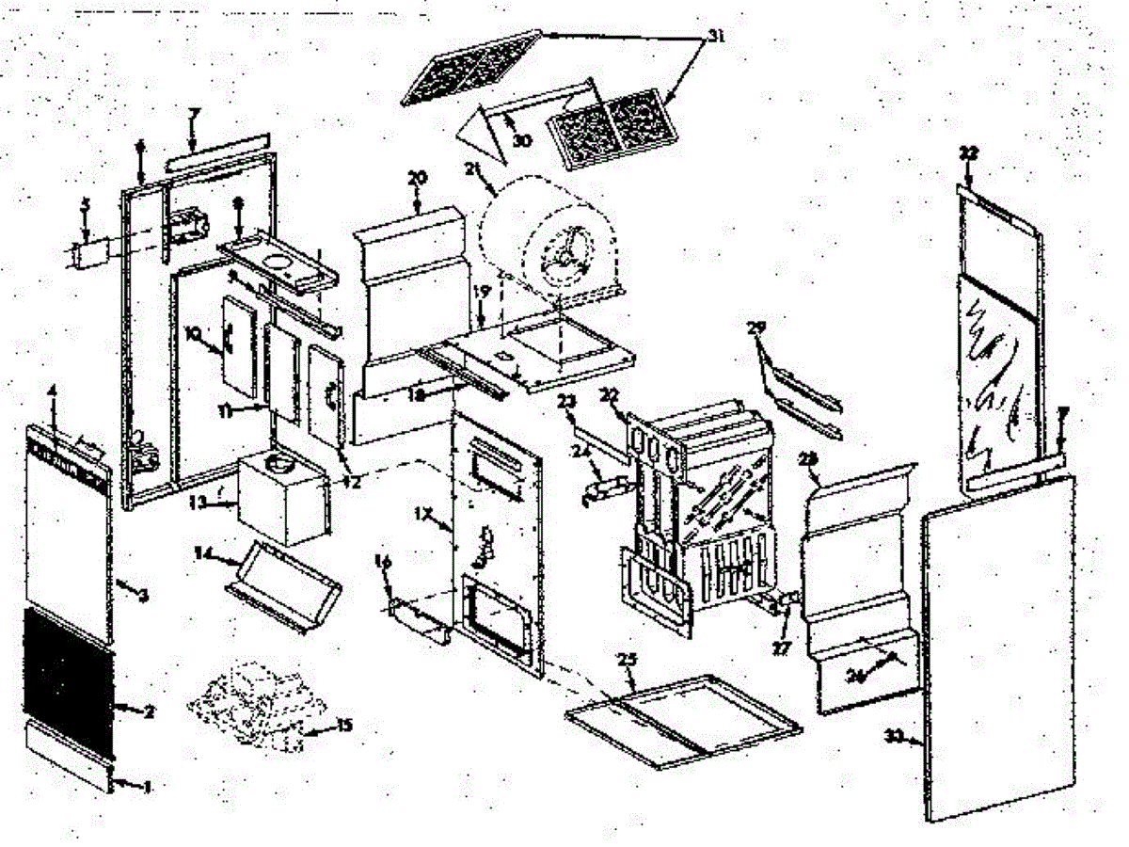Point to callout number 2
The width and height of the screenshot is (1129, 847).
pyautogui.click(x=149, y=711)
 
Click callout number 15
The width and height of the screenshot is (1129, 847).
pyautogui.click(x=344, y=726)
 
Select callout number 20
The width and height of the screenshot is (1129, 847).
pyautogui.click(x=417, y=178)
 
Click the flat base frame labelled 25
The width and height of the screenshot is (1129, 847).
pyautogui.click(x=683, y=720)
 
